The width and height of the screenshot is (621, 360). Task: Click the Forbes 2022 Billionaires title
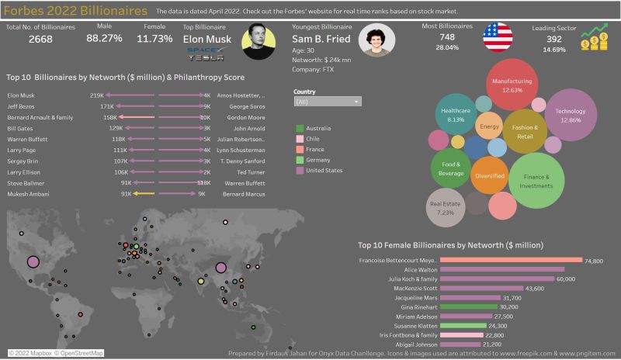click(75, 12)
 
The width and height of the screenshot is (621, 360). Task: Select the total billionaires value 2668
click(29, 40)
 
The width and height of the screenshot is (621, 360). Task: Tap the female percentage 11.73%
click(154, 38)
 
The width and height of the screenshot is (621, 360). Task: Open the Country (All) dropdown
click(328, 102)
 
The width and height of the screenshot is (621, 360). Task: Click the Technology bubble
click(570, 115)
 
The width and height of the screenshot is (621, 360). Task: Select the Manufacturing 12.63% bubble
click(512, 85)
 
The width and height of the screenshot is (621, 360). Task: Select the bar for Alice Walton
click(501, 269)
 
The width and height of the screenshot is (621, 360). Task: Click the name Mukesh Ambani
click(28, 194)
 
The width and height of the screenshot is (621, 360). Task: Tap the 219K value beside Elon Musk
click(96, 95)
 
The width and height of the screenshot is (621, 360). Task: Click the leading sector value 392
click(553, 39)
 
